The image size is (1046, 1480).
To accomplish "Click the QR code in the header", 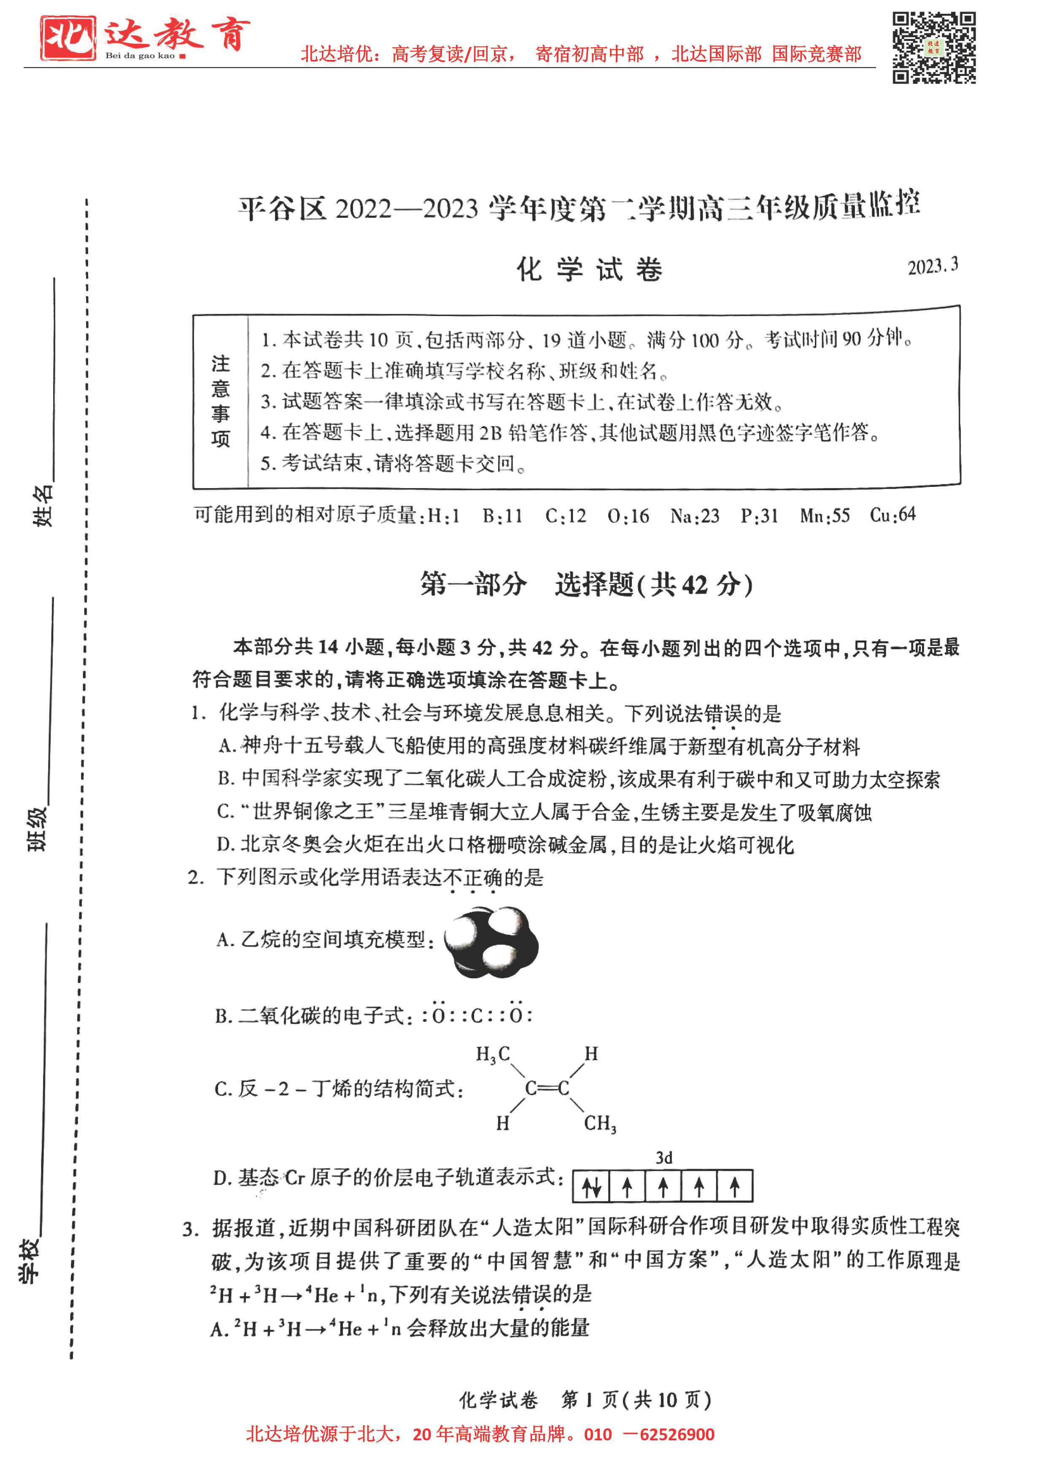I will (933, 48).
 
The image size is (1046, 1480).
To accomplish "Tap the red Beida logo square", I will (67, 38).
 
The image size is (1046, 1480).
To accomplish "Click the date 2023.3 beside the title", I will (933, 266).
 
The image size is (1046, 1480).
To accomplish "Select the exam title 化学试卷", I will (589, 270).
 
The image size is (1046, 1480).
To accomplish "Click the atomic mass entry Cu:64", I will (892, 515).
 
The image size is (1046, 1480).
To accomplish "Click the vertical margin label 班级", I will (37, 829).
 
